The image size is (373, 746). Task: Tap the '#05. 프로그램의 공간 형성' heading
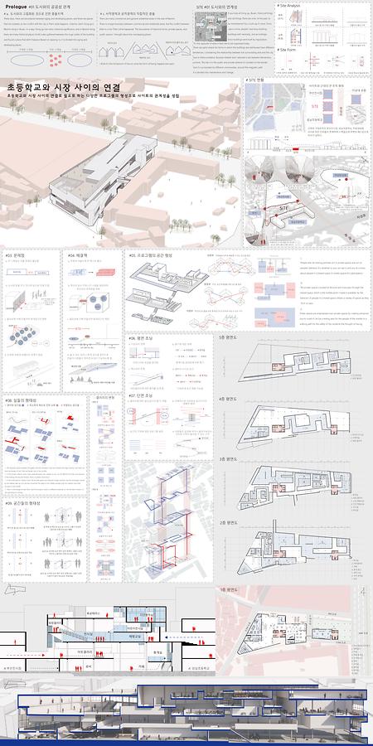(153, 255)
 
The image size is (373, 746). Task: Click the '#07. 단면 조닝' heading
(140, 395)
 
